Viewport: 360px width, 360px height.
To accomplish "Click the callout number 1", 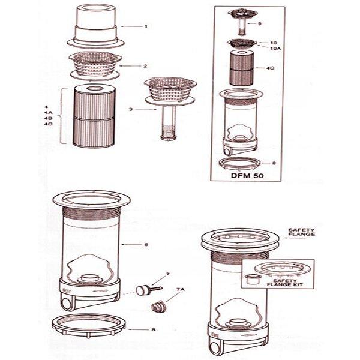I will [145, 26].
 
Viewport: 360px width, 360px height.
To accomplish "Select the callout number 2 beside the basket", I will [145, 65].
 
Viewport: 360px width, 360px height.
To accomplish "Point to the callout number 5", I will [146, 245].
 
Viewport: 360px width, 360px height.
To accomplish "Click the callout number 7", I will [168, 274].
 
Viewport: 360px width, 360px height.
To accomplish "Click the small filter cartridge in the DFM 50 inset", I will [242, 67].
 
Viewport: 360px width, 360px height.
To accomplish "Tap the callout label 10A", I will [275, 49].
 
